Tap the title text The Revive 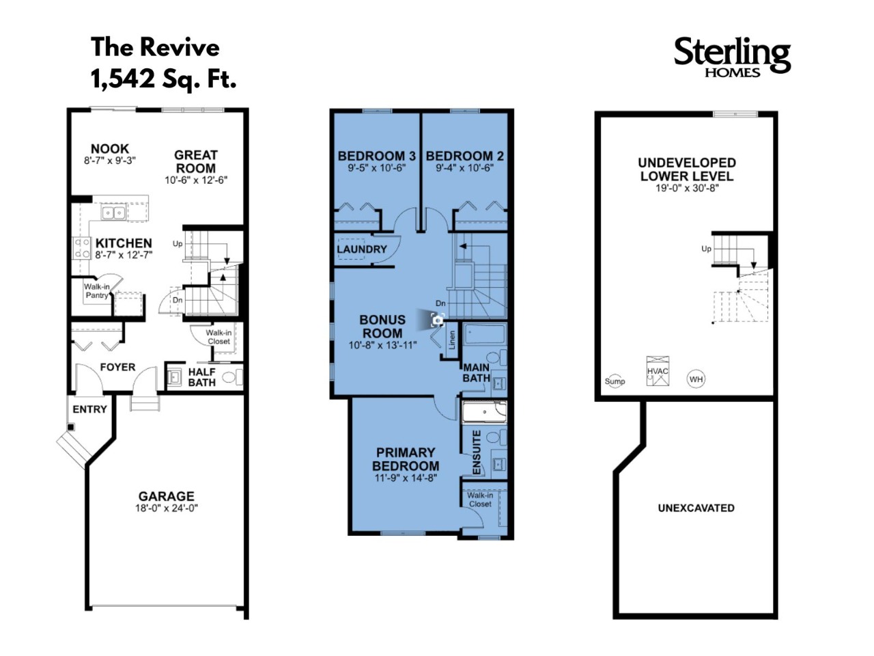pos(155,47)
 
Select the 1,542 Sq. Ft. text pos(163,79)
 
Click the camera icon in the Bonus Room pos(437,320)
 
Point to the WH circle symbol pos(696,379)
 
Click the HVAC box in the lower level pos(658,371)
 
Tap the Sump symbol pos(615,381)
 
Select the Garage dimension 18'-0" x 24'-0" pos(167,508)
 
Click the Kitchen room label pos(124,243)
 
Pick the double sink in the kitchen pos(113,213)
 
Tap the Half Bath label pos(202,377)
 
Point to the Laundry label pos(361,249)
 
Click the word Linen pos(452,340)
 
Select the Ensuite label pos(477,452)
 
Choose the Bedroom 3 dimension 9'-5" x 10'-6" pos(376,167)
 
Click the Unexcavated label pos(696,508)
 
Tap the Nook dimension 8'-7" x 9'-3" pos(110,161)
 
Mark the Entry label pos(89,409)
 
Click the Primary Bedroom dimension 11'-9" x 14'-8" pos(406,478)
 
